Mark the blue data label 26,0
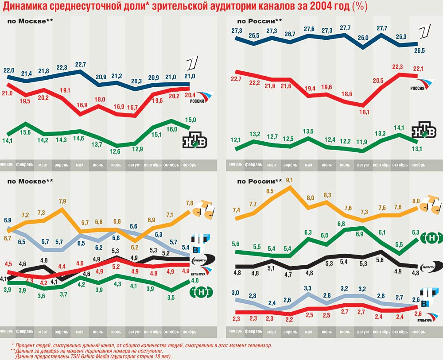point(363,38)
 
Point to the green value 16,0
point(171,129)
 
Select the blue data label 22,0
point(9,70)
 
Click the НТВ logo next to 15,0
point(195,140)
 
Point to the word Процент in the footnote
point(26,345)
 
